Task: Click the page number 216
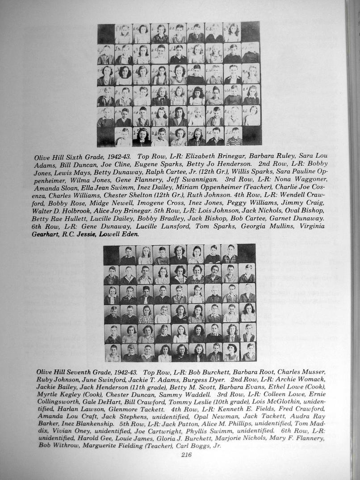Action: tap(186, 455)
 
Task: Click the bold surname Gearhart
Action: tap(44, 234)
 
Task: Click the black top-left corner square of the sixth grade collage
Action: tap(106, 33)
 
